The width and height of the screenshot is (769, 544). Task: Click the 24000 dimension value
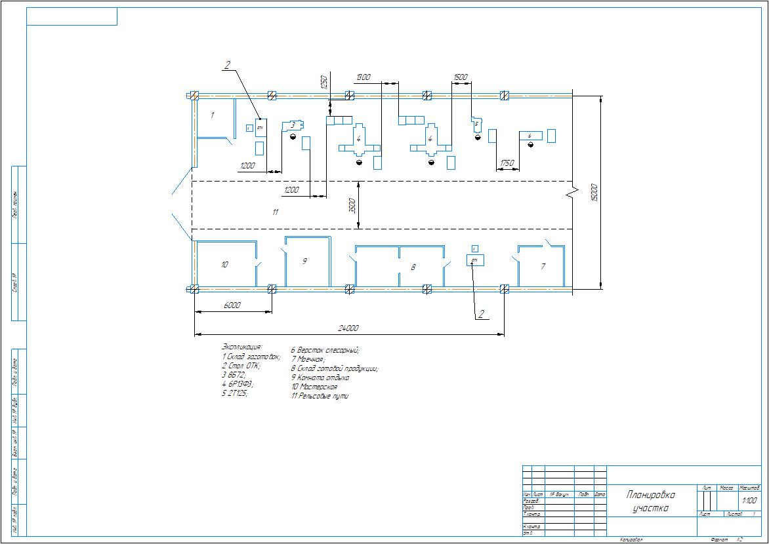(x=348, y=328)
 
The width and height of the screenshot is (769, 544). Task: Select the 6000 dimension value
(x=232, y=305)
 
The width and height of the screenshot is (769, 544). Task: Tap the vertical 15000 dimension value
(x=594, y=191)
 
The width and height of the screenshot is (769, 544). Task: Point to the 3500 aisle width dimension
(x=352, y=205)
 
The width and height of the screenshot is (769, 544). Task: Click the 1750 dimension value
(x=506, y=163)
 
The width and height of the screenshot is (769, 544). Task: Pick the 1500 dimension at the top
(x=461, y=77)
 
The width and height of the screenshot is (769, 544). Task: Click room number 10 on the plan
(x=224, y=265)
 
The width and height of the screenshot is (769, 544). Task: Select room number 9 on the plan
(x=304, y=261)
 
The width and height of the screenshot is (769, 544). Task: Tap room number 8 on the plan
(x=413, y=267)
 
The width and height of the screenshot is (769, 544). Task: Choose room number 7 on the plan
(x=543, y=267)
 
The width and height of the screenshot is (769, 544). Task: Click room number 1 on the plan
(x=212, y=115)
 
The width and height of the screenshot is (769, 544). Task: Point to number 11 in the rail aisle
(x=276, y=212)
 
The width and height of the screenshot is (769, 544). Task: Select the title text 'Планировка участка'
(x=650, y=501)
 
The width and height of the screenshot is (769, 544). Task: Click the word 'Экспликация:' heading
(x=242, y=346)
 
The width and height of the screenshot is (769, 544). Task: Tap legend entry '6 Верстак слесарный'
(x=325, y=350)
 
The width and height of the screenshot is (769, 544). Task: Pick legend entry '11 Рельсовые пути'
(x=320, y=397)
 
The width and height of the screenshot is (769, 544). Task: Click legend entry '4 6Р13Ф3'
(x=238, y=384)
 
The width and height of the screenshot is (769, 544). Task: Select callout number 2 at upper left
(x=227, y=65)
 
